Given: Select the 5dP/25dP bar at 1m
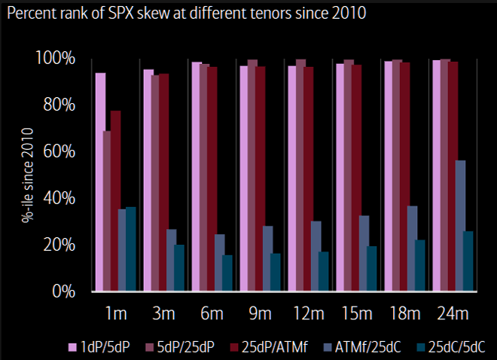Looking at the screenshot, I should pyautogui.click(x=108, y=211).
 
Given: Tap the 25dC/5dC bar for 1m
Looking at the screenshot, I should pyautogui.click(x=131, y=249).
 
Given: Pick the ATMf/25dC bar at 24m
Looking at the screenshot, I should pyautogui.click(x=460, y=226).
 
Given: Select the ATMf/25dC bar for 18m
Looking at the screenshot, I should pyautogui.click(x=412, y=249).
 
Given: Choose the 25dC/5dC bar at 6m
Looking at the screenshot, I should pyautogui.click(x=227, y=273).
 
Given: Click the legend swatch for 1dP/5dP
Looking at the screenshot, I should pyautogui.click(x=73, y=346).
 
